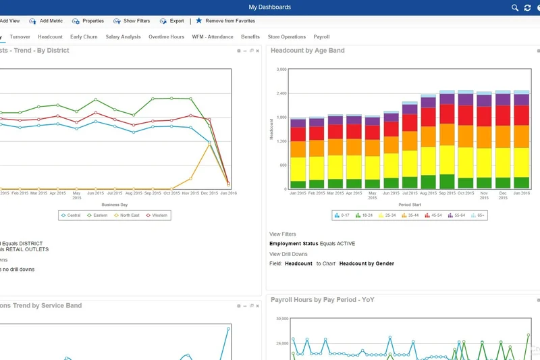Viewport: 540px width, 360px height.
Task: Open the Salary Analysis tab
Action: point(123,37)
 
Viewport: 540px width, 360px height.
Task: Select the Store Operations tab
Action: point(286,37)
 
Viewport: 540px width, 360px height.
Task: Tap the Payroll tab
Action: point(321,37)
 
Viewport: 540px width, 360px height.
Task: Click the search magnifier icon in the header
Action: point(515,7)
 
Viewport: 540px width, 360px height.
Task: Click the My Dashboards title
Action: point(270,7)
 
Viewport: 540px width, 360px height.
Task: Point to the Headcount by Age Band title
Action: point(308,51)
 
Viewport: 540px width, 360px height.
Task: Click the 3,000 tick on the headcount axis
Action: point(281,69)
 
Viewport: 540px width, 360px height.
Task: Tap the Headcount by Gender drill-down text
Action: point(367,263)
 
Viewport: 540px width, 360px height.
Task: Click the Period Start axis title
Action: point(410,204)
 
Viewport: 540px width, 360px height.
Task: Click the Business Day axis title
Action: point(115,204)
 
